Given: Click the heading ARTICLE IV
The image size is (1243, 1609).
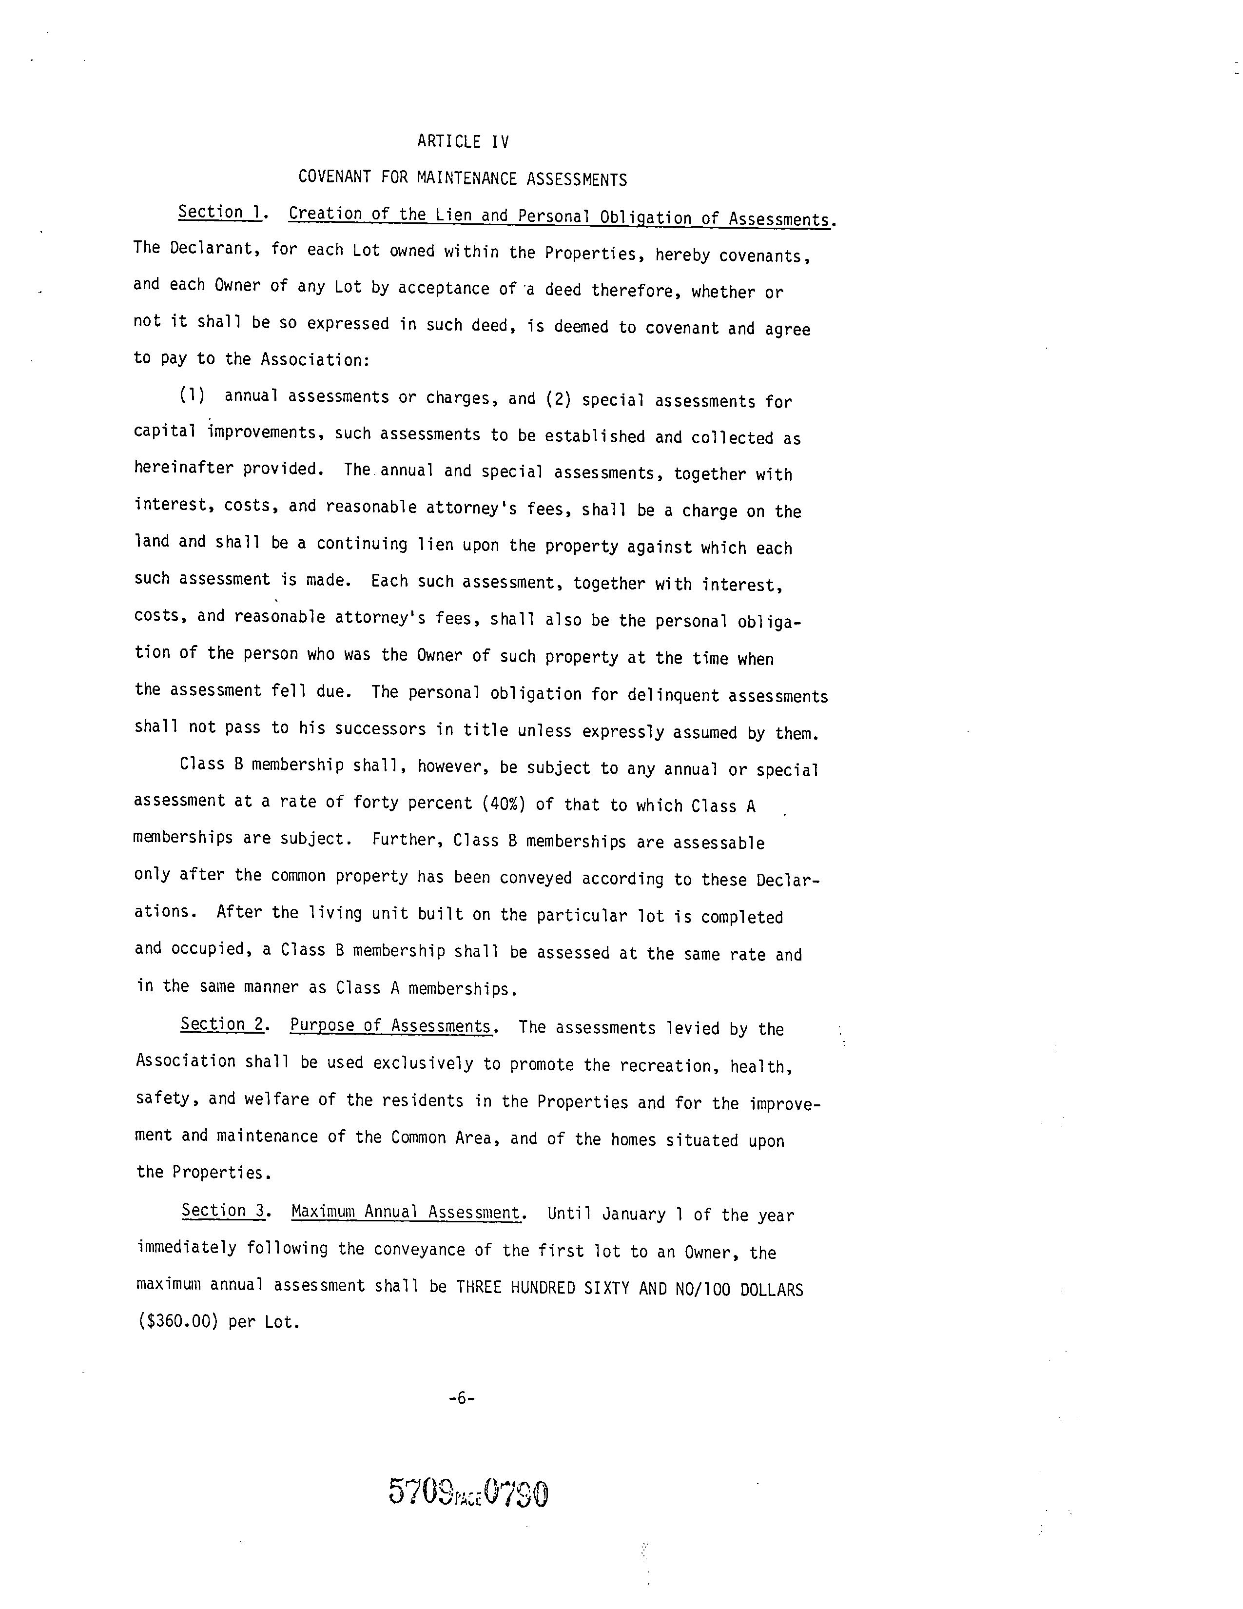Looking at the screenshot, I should click(463, 141).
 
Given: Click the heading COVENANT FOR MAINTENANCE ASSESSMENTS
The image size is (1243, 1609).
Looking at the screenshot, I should click(463, 178).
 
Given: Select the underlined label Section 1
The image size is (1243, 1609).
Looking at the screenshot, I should click(219, 212).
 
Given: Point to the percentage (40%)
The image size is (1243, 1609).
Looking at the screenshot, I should click(504, 804).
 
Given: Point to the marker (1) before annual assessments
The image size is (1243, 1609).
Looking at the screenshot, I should click(192, 395).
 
